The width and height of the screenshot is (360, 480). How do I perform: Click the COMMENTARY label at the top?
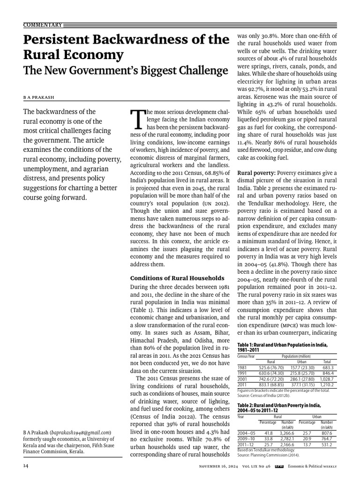43,24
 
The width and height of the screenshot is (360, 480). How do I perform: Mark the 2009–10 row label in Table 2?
246,438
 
